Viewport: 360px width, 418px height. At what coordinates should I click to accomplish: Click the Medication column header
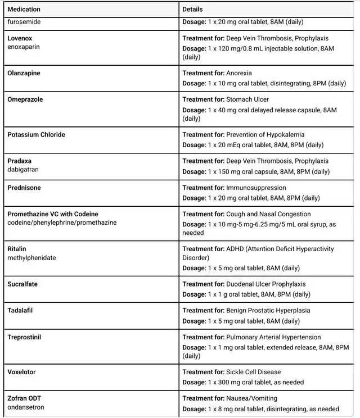[x=24, y=10]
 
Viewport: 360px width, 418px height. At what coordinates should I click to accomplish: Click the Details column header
[x=192, y=10]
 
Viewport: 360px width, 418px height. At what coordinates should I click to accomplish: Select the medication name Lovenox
[x=20, y=38]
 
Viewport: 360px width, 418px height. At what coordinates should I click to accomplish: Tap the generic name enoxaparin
[x=24, y=47]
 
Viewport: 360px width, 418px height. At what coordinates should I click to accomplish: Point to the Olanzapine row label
[x=24, y=73]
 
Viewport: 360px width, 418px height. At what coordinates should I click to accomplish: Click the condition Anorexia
[x=239, y=73]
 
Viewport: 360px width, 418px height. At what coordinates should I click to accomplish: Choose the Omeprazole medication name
[x=25, y=99]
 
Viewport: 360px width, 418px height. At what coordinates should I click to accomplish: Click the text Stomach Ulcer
[x=247, y=99]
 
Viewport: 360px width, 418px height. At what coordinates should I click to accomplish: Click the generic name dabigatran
[x=23, y=170]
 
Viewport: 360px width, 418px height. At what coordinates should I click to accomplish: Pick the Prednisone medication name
[x=24, y=188]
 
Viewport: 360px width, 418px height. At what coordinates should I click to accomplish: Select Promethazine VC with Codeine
[x=53, y=214]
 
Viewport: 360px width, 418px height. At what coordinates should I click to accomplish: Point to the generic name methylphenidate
[x=31, y=258]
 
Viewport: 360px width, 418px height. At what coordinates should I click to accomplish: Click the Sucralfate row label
[x=22, y=284]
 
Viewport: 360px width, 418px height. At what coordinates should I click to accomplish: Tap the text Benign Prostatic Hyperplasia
[x=268, y=311]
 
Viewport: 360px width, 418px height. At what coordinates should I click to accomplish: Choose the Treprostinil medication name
[x=24, y=337]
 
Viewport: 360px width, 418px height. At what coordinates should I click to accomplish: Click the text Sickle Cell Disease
[x=253, y=372]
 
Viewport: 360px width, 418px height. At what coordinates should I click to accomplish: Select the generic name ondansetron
[x=26, y=407]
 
